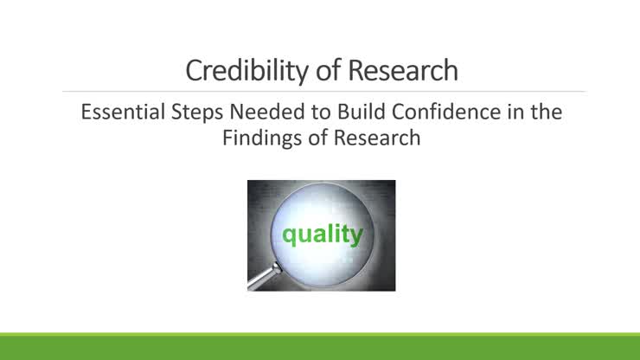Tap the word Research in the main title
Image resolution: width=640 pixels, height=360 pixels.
403,70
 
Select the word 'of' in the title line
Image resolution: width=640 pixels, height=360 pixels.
329,70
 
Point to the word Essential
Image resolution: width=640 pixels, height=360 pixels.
123,112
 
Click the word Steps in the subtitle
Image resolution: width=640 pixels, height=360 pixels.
196,112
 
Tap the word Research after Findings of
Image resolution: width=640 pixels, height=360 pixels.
377,138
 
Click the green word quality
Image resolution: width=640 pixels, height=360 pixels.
323,235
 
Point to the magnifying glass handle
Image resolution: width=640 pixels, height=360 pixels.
264,277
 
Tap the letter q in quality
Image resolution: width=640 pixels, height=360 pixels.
289,236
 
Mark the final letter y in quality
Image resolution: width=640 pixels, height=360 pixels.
356,236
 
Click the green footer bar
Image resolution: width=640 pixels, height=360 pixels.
320,346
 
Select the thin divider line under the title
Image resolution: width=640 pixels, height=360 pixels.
324,92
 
